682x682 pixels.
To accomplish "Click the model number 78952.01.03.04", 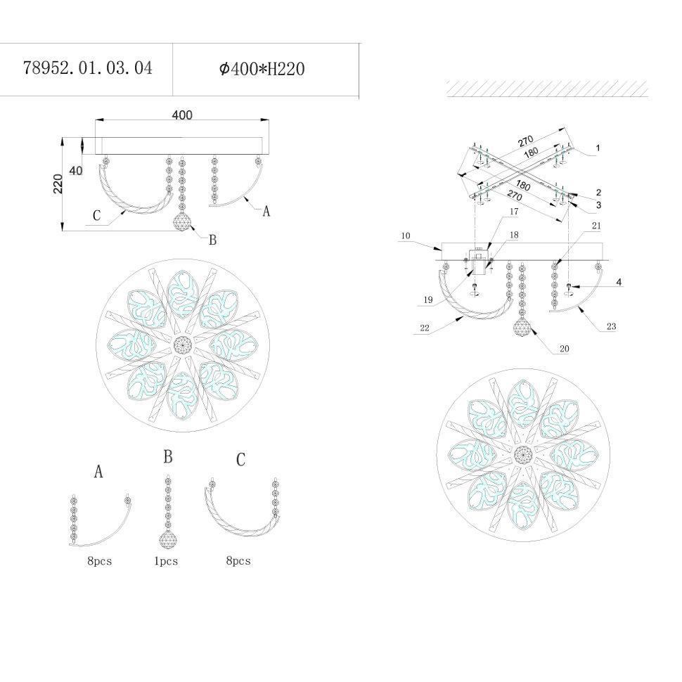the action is (87, 68).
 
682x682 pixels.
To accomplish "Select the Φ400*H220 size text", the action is (262, 69).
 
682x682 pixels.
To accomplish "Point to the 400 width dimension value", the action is (182, 115).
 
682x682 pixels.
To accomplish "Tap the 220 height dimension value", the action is (58, 184).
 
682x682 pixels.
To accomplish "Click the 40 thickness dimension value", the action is (76, 170).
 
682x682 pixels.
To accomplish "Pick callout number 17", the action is (514, 212).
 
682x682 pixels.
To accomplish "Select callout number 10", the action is (406, 236).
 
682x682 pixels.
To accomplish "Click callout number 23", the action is (611, 326).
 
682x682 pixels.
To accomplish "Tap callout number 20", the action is (564, 349).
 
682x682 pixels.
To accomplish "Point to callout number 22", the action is (425, 328).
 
